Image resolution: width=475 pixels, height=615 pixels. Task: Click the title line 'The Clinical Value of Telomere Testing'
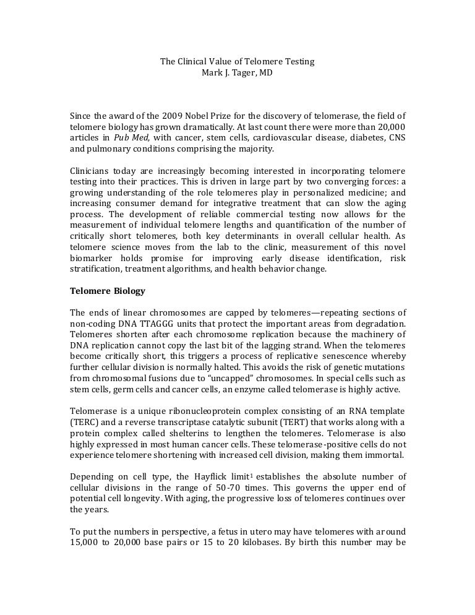(x=237, y=61)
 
